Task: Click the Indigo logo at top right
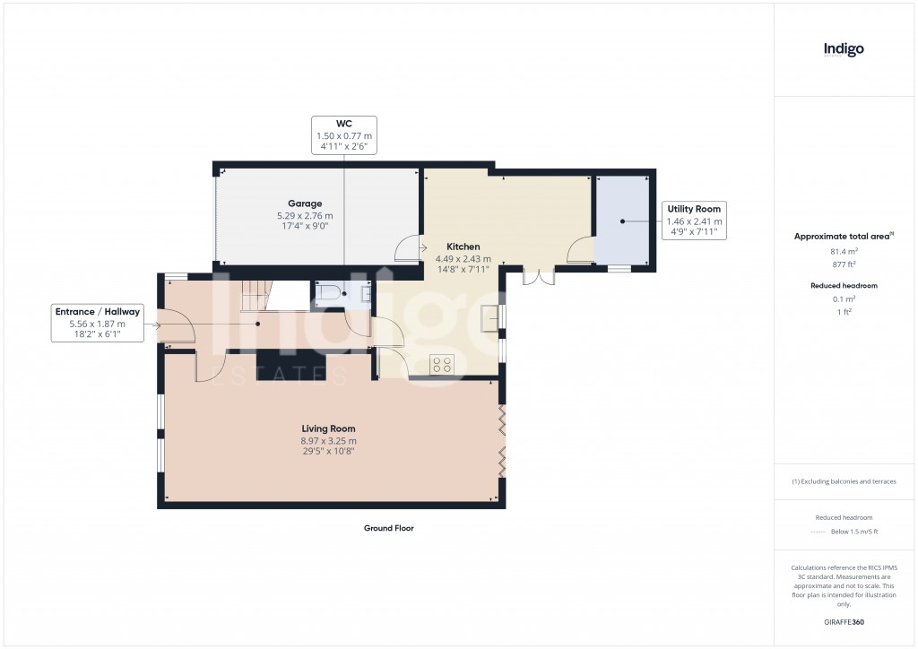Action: (x=844, y=50)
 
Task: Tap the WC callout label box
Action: (x=344, y=135)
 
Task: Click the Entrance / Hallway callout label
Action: (x=98, y=323)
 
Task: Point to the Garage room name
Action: (x=305, y=203)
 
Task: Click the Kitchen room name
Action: (x=463, y=247)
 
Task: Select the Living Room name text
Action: (x=328, y=428)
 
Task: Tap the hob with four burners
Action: (x=442, y=364)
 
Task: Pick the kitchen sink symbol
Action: (x=490, y=318)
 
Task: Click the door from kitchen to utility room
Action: (x=580, y=249)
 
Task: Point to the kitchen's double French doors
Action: (x=539, y=277)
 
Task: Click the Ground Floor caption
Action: (x=388, y=529)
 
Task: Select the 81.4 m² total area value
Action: (x=843, y=252)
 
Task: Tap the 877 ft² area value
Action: (x=843, y=264)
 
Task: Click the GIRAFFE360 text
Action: (x=843, y=622)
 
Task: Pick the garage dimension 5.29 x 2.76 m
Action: (x=305, y=216)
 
